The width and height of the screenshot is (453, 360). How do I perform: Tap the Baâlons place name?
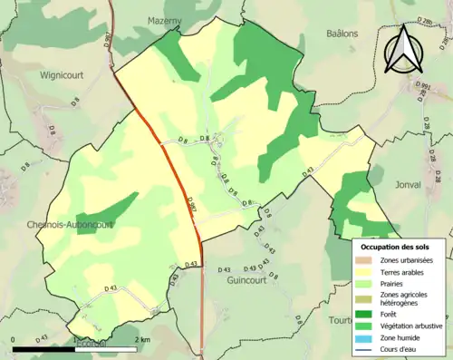[x=345, y=33]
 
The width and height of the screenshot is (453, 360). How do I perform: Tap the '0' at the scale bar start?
[x=14, y=340]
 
